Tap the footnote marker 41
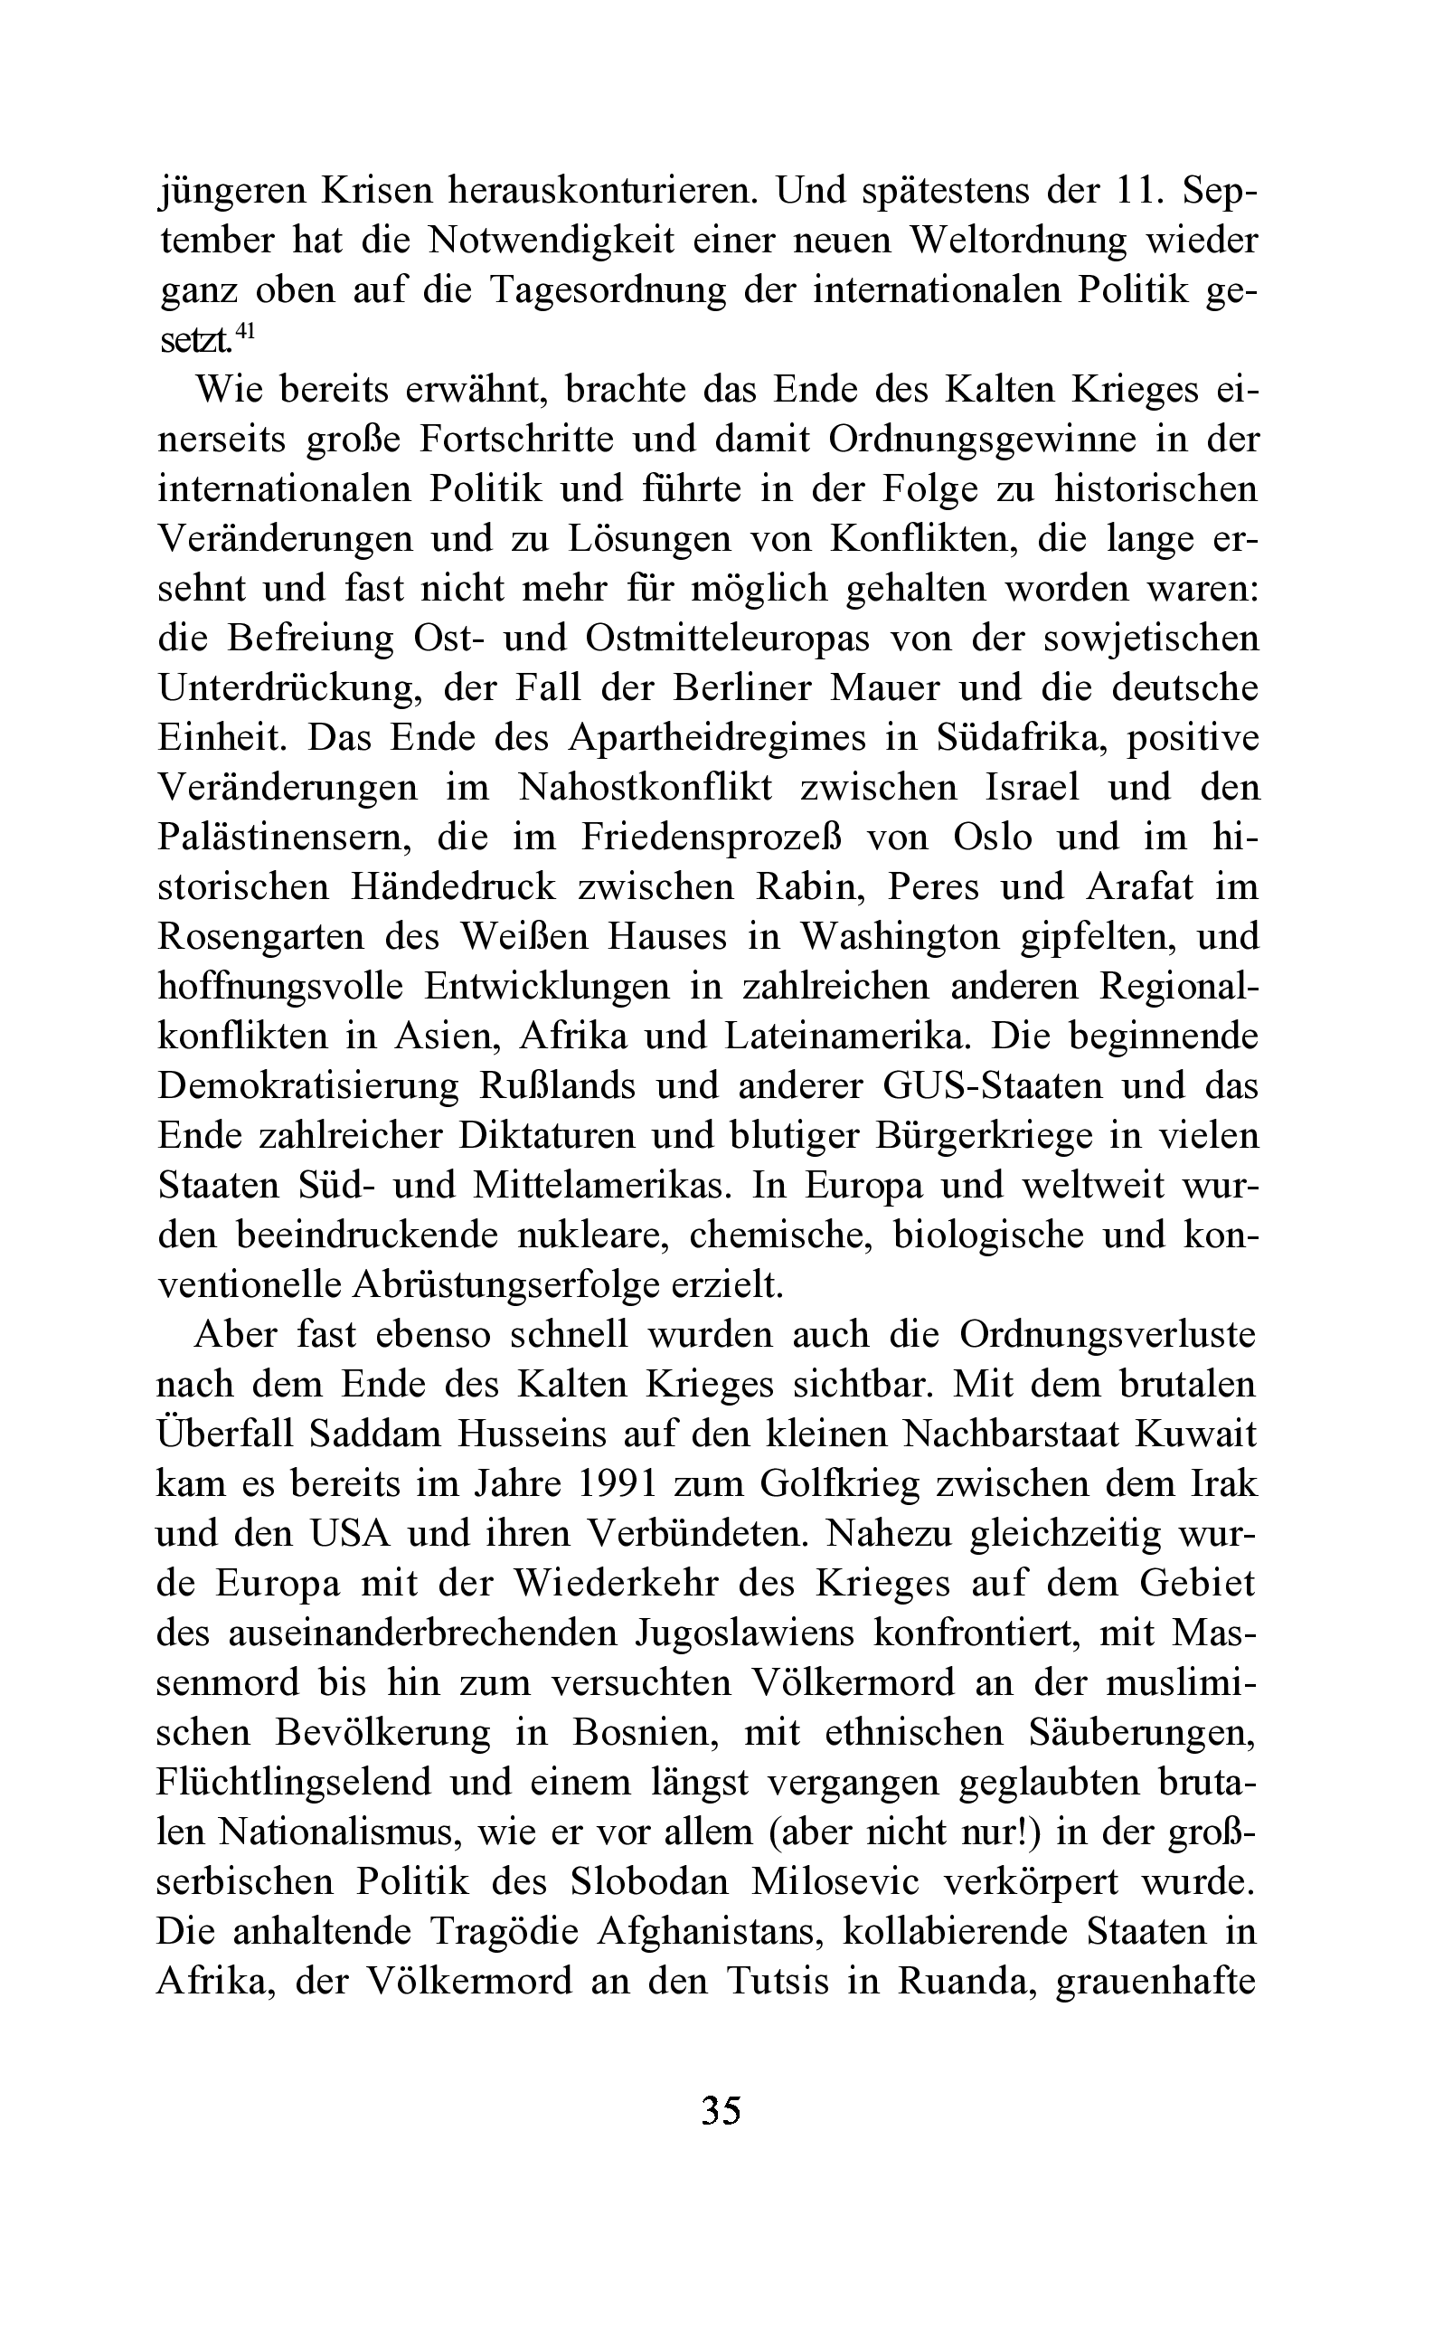245,331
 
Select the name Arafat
1139,886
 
